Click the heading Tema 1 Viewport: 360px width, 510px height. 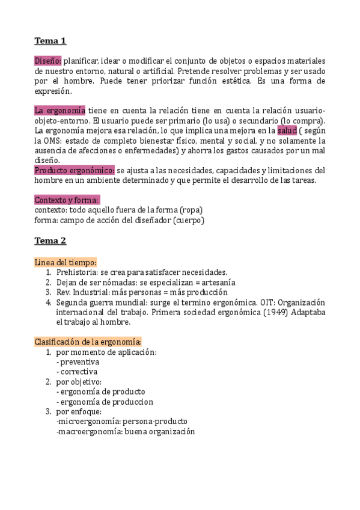[50, 41]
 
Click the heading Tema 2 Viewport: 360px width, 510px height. [50, 241]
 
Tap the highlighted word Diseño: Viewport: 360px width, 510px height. [48, 61]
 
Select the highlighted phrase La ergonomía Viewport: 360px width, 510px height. [59, 111]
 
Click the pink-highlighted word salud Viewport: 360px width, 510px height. [287, 131]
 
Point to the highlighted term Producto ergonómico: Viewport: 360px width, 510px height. [74, 170]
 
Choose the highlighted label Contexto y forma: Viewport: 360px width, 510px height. [67, 200]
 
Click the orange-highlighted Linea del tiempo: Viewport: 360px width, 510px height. [66, 262]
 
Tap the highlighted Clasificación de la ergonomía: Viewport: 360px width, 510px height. [88, 342]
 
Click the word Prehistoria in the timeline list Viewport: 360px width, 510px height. [78, 272]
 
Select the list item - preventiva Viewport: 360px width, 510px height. [78, 362]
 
